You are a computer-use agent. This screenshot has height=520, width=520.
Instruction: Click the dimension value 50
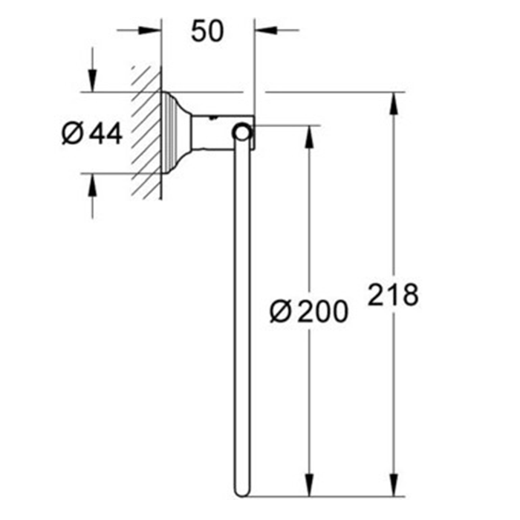tap(207, 31)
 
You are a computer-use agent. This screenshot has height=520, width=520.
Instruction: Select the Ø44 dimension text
tap(91, 134)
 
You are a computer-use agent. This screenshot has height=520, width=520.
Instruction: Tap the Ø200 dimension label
tap(308, 312)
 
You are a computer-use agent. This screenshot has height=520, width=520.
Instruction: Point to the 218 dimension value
tap(394, 295)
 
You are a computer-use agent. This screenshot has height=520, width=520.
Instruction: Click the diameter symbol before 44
tap(72, 134)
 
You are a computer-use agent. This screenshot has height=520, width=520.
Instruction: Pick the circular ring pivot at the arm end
tap(241, 133)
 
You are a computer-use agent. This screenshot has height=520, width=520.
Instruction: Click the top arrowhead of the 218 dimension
tap(393, 100)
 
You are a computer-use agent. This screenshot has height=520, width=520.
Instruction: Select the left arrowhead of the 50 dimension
tap(154, 30)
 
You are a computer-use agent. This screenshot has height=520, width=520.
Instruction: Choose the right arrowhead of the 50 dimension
tap(261, 30)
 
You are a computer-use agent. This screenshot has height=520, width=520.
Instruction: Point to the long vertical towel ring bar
tap(241, 312)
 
